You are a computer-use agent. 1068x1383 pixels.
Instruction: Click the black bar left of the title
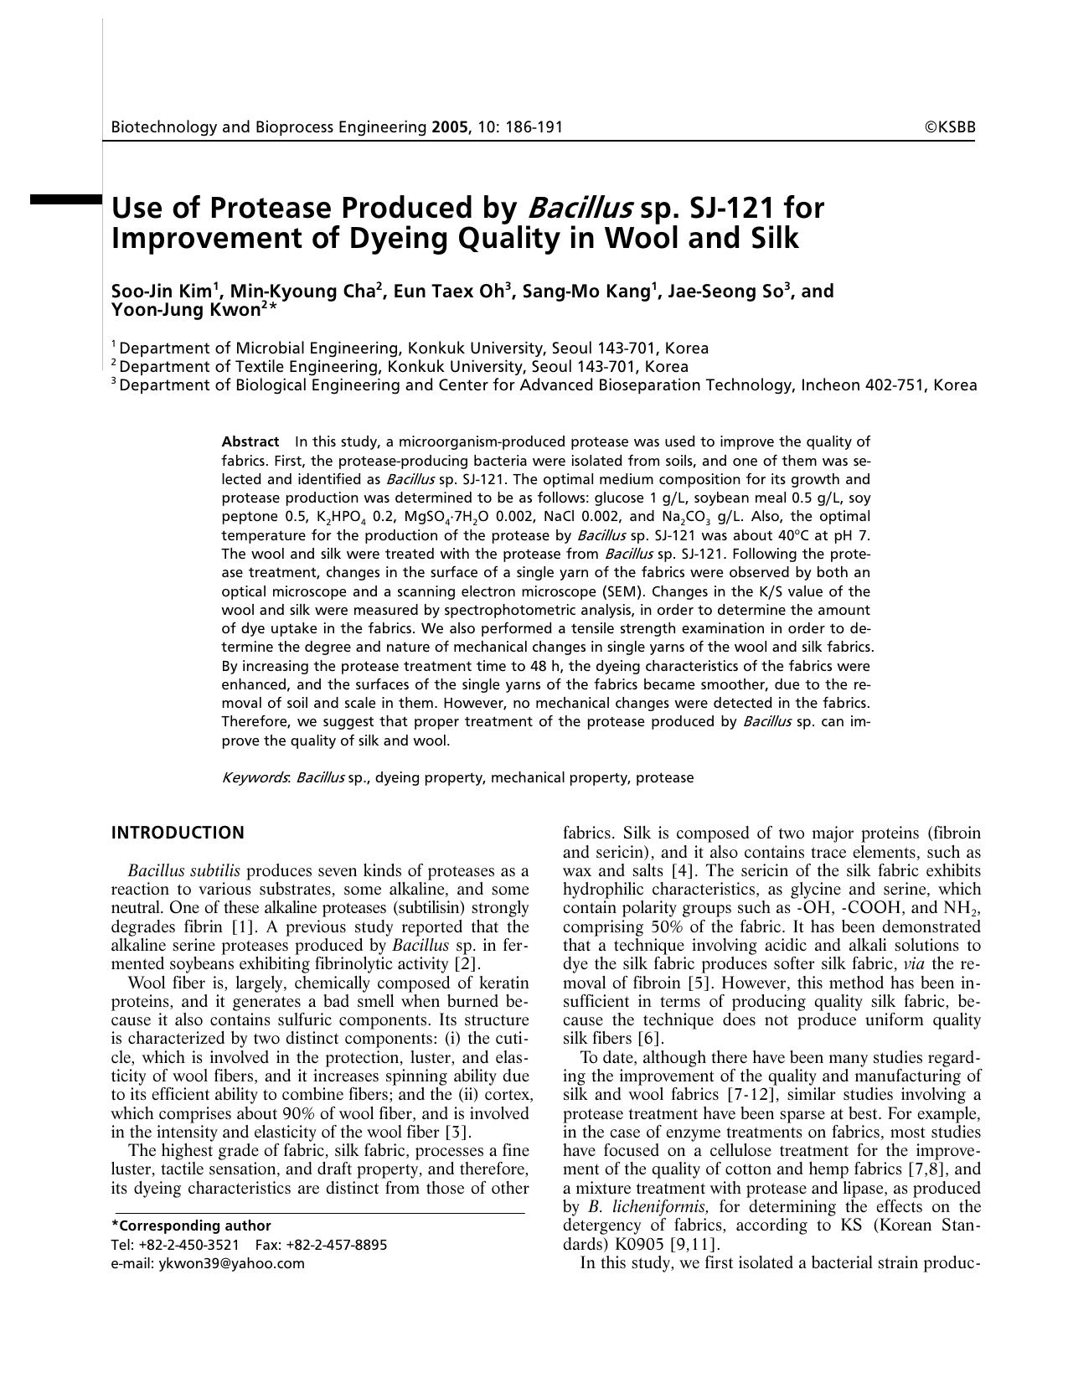[x=65, y=199]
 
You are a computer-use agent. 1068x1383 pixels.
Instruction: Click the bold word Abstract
[x=250, y=441]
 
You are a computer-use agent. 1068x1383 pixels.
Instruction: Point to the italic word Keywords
[x=255, y=777]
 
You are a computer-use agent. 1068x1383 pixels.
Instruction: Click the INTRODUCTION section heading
[x=178, y=833]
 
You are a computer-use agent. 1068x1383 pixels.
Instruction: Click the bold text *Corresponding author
[x=191, y=1226]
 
